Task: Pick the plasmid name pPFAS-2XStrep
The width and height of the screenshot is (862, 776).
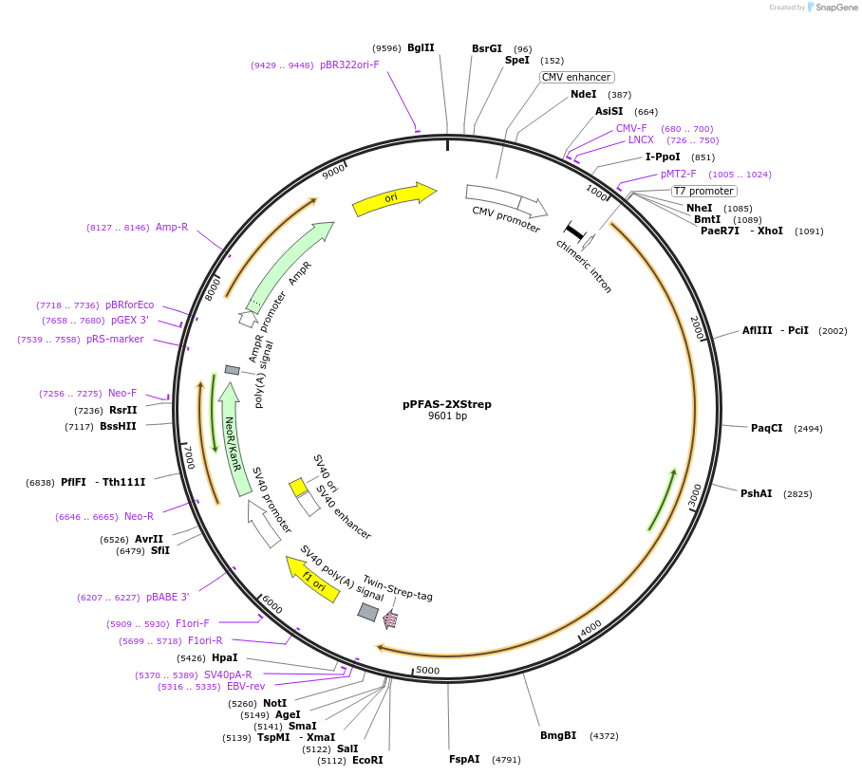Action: (447, 403)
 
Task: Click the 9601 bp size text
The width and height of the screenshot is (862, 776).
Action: (447, 416)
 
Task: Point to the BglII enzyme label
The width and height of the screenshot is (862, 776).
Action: (421, 47)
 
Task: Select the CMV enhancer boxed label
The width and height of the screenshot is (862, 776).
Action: (577, 77)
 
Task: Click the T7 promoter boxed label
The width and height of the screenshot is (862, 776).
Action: (703, 191)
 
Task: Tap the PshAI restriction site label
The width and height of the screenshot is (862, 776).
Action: (757, 493)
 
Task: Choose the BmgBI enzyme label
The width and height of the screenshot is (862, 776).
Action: (558, 735)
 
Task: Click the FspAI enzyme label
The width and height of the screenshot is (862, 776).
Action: (464, 759)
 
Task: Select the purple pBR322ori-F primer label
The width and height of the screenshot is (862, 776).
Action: (349, 65)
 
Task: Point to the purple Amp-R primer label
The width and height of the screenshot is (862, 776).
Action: (172, 227)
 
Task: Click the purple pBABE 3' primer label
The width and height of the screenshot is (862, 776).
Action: (168, 597)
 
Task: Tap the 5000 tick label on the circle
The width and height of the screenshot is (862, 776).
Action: (428, 671)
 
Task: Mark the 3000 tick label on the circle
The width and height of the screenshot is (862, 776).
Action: (696, 495)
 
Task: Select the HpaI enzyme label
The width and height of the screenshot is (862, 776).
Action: (225, 657)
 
